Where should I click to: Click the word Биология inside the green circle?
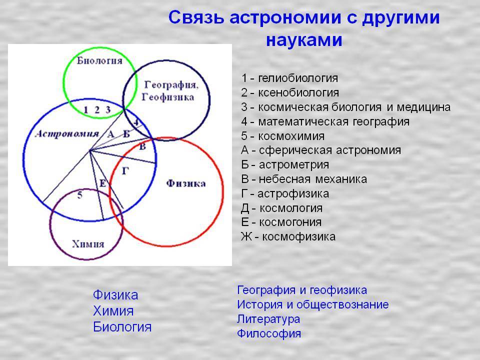pos(99,60)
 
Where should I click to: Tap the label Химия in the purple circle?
pos(88,244)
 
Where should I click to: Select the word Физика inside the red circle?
pos(186,183)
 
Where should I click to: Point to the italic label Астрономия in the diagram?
pos(67,134)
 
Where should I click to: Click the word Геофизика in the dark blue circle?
pos(168,97)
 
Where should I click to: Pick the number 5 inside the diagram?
pos(79,195)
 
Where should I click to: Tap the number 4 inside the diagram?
pos(136,123)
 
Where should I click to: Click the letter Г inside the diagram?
pos(125,171)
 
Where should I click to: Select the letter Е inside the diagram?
pos(103,183)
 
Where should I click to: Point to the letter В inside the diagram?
pos(142,147)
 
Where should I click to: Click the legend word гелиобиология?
pos(298,78)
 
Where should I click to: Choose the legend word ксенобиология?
pos(298,93)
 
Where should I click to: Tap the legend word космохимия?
pos(291,136)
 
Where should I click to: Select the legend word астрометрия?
pos(294,165)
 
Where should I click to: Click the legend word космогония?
pos(290,222)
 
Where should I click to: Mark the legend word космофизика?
pos(299,237)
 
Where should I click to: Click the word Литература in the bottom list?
pos(268,319)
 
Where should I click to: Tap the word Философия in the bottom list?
pos(269,333)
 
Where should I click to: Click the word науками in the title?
pos(304,40)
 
